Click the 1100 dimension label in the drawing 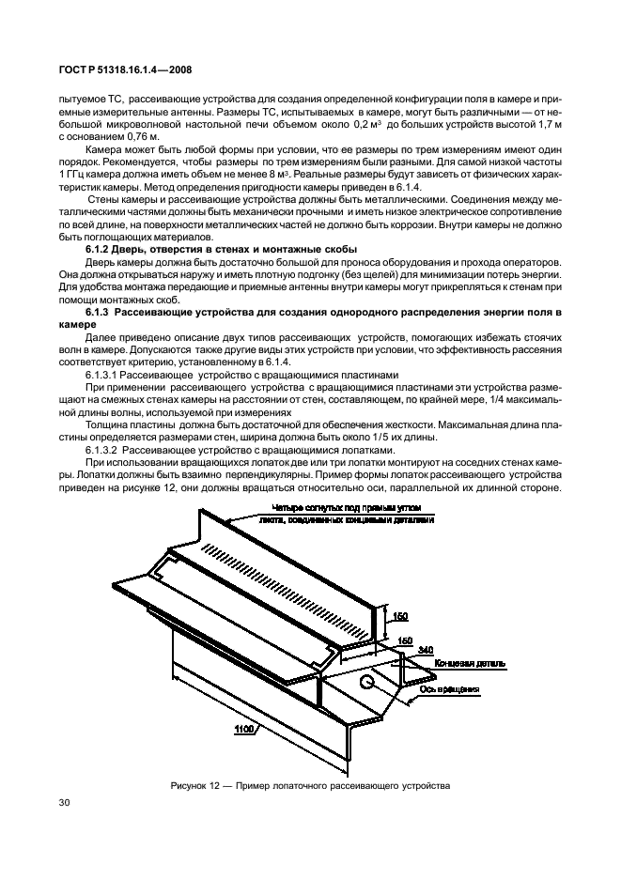(246, 727)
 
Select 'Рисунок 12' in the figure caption (196, 784)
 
